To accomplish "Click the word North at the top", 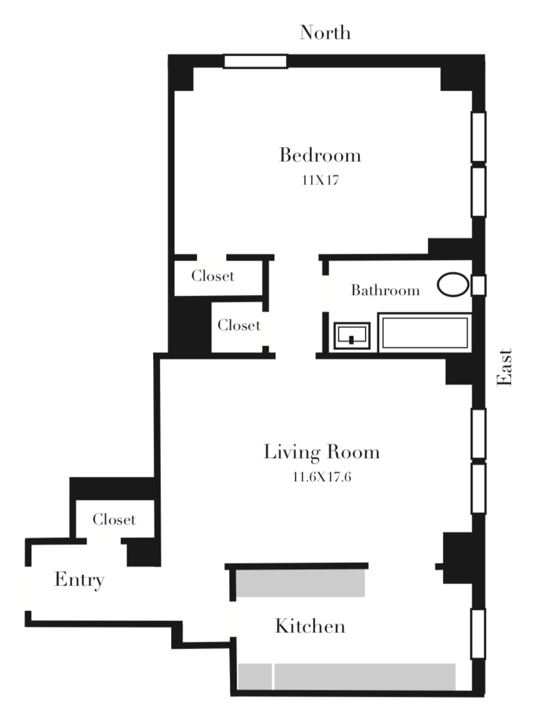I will point(325,32).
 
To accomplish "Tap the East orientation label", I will point(504,367).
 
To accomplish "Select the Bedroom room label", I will point(320,155).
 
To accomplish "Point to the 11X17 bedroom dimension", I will point(320,181).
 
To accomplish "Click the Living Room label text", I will point(321,452).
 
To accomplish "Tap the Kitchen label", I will point(310,626).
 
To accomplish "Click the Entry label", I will point(79,580).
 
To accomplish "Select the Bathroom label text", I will point(385,291).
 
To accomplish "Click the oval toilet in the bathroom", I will point(452,285).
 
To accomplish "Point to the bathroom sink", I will point(352,336).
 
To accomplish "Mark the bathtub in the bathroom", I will point(425,332).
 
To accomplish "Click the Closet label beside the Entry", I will point(114,520).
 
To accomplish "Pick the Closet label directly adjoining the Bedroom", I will point(212,276).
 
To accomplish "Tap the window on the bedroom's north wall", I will point(256,61).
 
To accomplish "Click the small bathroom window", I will point(479,285).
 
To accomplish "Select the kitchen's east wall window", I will point(479,634).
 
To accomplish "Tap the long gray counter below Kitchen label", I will point(365,676).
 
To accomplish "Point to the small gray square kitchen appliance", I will point(255,676).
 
